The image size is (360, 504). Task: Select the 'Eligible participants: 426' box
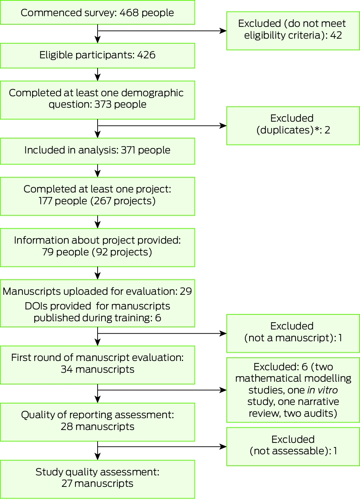pyautogui.click(x=98, y=55)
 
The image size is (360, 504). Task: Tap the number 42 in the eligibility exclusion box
pyautogui.click(x=336, y=35)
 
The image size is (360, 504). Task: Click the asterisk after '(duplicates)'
pyautogui.click(x=317, y=129)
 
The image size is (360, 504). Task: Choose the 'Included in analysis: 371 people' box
pyautogui.click(x=98, y=151)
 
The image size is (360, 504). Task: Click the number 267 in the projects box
pyautogui.click(x=103, y=201)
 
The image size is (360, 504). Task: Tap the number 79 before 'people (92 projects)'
pyautogui.click(x=48, y=252)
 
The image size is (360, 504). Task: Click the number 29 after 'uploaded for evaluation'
pyautogui.click(x=186, y=292)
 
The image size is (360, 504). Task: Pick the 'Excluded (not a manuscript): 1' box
pyautogui.click(x=293, y=333)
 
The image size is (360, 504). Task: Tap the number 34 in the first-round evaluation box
pyautogui.click(x=67, y=370)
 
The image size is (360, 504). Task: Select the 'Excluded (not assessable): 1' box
pyautogui.click(x=293, y=447)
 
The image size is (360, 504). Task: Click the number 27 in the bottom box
pyautogui.click(x=67, y=483)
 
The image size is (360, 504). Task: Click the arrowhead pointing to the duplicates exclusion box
pyautogui.click(x=223, y=126)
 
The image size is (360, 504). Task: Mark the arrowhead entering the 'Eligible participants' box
pyautogui.click(x=98, y=40)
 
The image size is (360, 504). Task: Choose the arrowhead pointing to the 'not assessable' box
pyautogui.click(x=223, y=447)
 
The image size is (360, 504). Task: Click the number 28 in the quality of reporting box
pyautogui.click(x=67, y=427)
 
